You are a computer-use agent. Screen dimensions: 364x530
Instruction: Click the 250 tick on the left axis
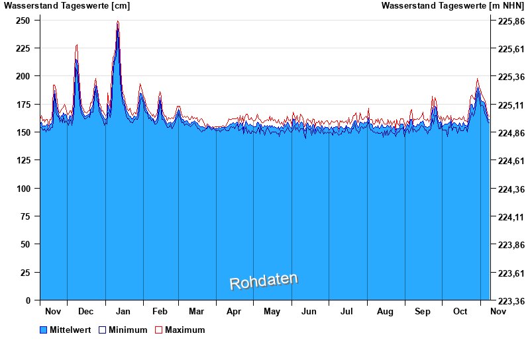[24, 21]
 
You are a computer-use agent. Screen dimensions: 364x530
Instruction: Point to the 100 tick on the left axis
[24, 189]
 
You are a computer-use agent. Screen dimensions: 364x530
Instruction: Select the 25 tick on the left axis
[26, 273]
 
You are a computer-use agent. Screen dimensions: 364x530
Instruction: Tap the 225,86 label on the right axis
[507, 21]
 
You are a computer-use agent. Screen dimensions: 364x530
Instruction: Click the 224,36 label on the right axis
[507, 189]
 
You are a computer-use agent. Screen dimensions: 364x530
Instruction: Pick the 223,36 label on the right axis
[507, 301]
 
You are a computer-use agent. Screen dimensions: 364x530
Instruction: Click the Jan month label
[123, 311]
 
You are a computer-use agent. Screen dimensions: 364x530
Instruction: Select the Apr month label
[234, 311]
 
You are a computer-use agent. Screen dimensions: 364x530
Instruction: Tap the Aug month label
[385, 311]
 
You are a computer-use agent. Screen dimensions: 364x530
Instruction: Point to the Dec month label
[85, 311]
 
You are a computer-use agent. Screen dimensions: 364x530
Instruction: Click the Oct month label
[460, 311]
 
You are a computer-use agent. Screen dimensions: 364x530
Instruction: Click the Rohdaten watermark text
[264, 281]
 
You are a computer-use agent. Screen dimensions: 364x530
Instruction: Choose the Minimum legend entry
[128, 330]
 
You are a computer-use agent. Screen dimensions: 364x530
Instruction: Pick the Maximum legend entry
[185, 330]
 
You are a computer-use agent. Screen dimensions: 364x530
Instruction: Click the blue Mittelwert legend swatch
[44, 330]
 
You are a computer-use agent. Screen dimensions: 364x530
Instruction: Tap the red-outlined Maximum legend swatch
[158, 330]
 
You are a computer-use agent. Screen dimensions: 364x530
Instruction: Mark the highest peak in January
[118, 22]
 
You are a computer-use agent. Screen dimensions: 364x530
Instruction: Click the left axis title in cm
[67, 6]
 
